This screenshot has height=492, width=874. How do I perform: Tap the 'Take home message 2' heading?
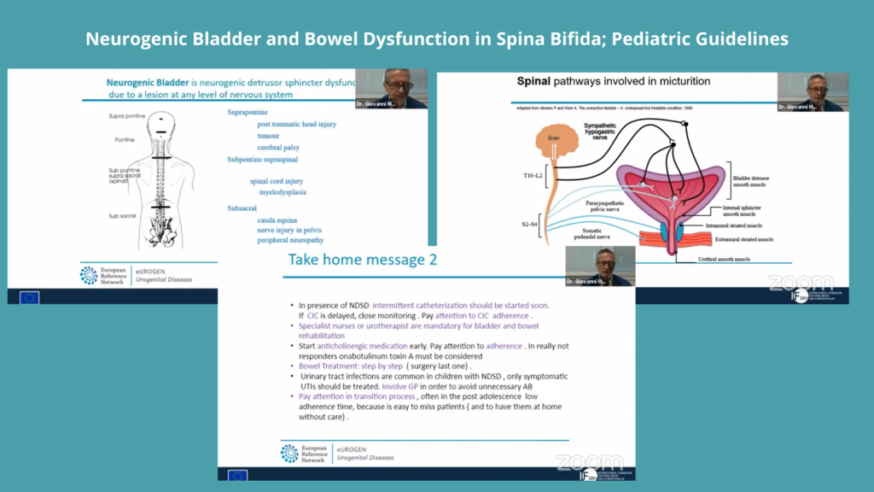point(363,260)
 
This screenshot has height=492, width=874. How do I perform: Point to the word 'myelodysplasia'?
point(283,192)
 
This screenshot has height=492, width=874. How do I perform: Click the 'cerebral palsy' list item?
point(282,146)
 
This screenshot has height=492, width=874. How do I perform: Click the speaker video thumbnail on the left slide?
point(392,88)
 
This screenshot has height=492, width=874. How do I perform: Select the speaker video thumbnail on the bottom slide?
point(601,266)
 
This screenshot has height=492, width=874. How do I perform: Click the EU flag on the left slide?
point(30,297)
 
